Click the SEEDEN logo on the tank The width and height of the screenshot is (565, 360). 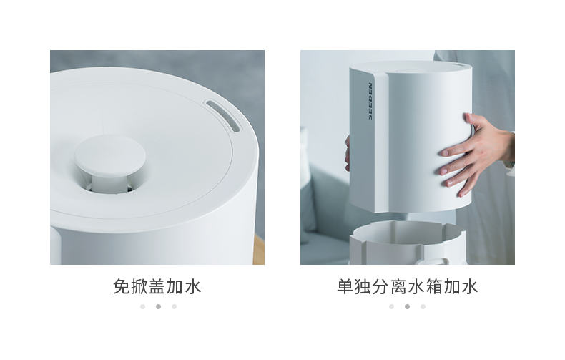click(370, 102)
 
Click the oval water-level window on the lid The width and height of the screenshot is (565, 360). click(222, 115)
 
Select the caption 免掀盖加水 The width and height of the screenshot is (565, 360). click(157, 287)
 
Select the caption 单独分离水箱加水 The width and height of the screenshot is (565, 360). click(408, 287)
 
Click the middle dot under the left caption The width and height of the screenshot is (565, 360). click(158, 306)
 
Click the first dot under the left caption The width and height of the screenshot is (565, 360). click(143, 306)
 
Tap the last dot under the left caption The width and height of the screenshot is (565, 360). click(174, 306)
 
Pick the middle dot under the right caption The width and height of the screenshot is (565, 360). click(407, 306)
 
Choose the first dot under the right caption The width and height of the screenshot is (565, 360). click(392, 306)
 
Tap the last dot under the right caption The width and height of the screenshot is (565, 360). click(423, 306)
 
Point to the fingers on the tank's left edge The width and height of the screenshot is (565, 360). click(348, 153)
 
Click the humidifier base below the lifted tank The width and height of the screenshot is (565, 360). click(407, 243)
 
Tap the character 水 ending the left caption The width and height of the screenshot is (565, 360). click(193, 287)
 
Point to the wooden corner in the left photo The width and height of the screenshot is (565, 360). click(259, 250)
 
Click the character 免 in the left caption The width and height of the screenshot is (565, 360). click(122, 287)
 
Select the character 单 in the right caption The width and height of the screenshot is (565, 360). click(345, 287)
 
